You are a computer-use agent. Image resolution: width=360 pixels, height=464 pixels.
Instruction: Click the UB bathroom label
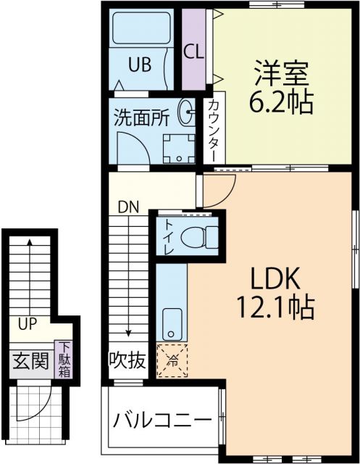tap(140, 65)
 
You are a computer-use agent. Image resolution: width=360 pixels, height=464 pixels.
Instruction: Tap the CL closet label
tap(193, 51)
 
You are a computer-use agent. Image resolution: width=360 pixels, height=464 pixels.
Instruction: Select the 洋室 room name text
tap(282, 73)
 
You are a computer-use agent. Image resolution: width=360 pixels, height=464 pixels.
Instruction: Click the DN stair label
tap(130, 206)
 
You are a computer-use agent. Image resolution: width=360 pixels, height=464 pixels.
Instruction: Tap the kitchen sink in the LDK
tap(172, 323)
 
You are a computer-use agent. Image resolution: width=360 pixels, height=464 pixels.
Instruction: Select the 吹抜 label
tap(127, 359)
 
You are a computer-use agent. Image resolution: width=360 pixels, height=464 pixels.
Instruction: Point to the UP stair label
tap(29, 323)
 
